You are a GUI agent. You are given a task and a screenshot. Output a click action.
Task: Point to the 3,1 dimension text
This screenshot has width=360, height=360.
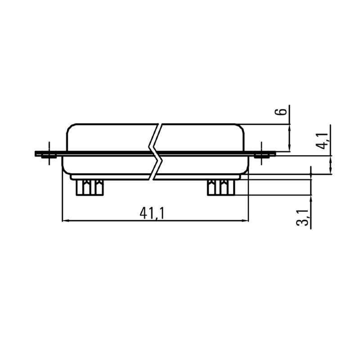304,218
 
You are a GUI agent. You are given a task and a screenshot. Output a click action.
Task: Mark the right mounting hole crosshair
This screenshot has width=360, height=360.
261,154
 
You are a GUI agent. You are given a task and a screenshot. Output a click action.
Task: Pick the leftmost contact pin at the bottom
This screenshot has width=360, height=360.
82,187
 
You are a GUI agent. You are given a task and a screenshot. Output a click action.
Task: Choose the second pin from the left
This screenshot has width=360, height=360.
97,187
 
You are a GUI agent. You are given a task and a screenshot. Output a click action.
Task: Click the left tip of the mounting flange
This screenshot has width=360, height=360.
36,154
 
